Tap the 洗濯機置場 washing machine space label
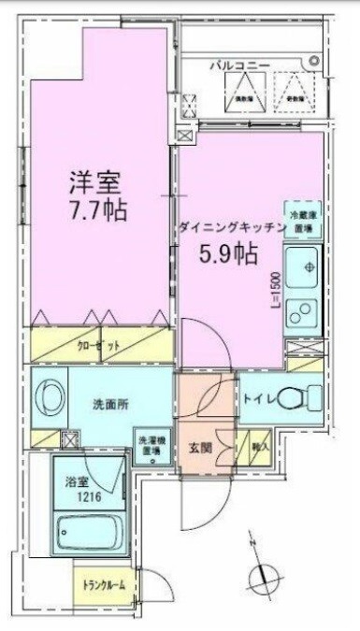click(x=151, y=445)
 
